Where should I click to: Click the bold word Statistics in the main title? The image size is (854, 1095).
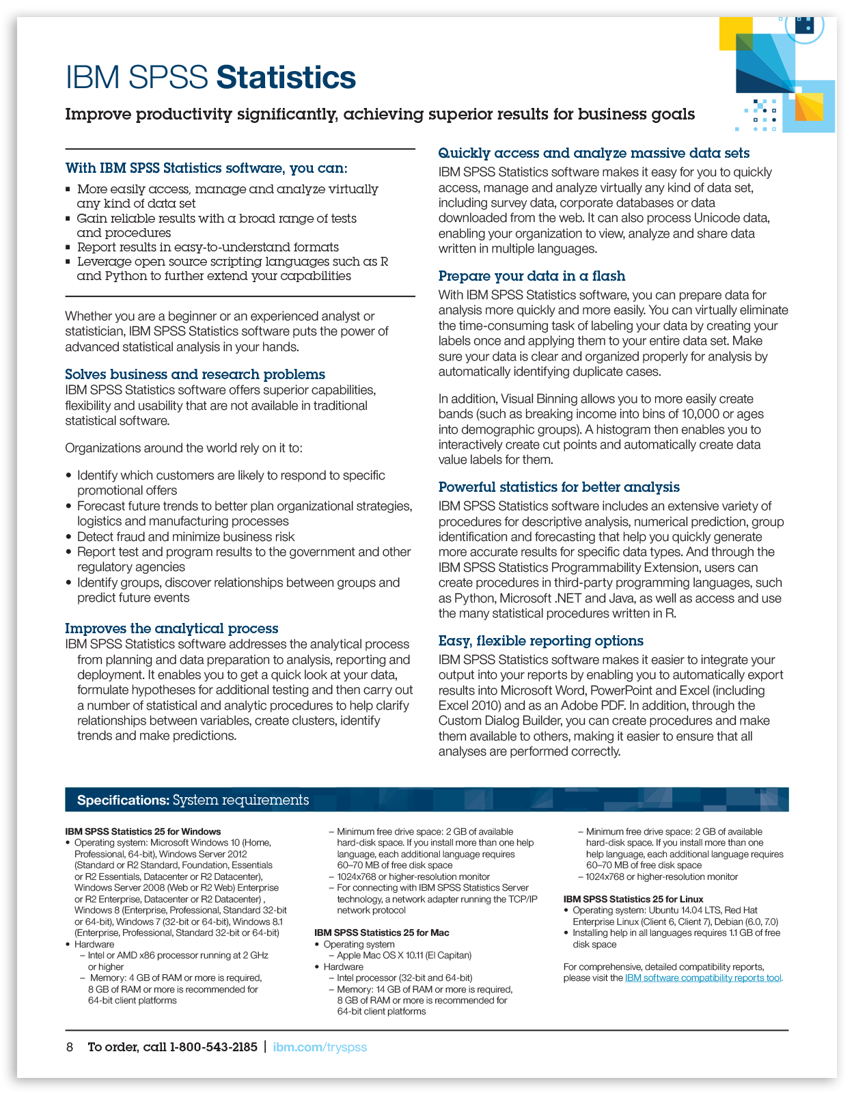[x=286, y=78]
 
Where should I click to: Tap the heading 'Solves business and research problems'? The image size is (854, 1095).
[x=195, y=374]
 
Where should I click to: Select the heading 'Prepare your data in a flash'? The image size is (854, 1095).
[x=532, y=276]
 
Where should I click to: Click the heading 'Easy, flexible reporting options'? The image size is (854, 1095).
[x=540, y=641]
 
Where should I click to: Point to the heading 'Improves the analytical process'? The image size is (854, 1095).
[x=171, y=628]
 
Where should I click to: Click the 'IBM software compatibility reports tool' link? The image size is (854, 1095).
[x=703, y=978]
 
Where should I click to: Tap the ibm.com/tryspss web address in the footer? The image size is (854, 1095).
[x=320, y=1047]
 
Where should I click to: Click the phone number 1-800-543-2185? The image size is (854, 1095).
[x=214, y=1047]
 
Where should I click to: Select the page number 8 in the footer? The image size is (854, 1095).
[x=70, y=1047]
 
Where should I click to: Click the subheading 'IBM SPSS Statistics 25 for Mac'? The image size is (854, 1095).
[x=381, y=932]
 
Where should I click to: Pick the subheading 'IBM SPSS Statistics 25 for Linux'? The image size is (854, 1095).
[x=633, y=899]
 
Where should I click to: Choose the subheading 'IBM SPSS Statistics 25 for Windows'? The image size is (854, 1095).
[x=143, y=831]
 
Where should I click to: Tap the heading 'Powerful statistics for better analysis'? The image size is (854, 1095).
[x=559, y=487]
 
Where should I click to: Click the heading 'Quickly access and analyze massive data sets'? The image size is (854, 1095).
[x=594, y=153]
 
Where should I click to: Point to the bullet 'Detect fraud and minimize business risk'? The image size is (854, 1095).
[x=186, y=537]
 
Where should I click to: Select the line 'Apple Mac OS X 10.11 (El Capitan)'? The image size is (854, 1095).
[x=404, y=955]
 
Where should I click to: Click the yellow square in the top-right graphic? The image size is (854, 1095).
[x=736, y=33]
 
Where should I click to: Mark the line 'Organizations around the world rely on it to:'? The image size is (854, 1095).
[x=184, y=448]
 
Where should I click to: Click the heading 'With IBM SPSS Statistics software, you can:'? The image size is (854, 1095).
[x=206, y=168]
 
